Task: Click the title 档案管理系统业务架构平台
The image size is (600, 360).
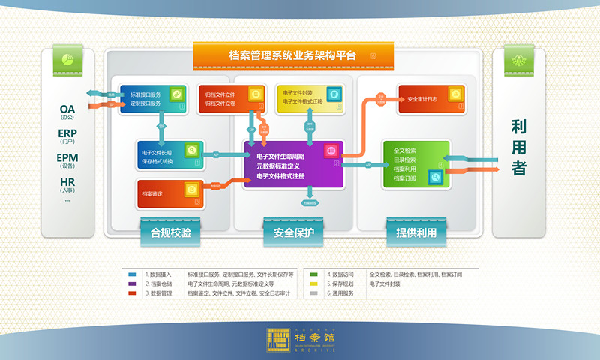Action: click(292, 55)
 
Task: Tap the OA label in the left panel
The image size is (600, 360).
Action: click(67, 109)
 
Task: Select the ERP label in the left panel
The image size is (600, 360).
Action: click(67, 134)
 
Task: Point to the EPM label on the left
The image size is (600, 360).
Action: click(67, 158)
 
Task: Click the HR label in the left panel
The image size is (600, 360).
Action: click(67, 182)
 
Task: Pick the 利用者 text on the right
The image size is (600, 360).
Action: click(519, 148)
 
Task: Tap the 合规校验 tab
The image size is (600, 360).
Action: click(171, 232)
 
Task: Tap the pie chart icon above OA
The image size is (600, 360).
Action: click(67, 59)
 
